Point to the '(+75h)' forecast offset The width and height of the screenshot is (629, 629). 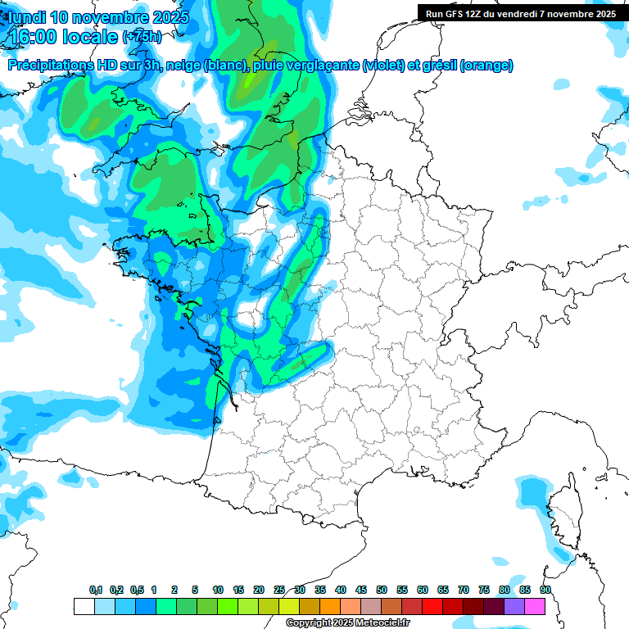[143, 37]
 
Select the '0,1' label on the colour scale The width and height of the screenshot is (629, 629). [96, 591]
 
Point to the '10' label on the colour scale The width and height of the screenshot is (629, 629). [218, 591]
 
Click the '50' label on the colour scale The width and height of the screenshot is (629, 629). [382, 591]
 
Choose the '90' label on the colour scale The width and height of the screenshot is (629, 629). [545, 591]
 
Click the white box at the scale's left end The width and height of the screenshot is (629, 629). [84, 606]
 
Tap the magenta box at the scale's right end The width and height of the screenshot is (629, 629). [535, 606]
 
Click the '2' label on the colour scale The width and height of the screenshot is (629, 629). [174, 591]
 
